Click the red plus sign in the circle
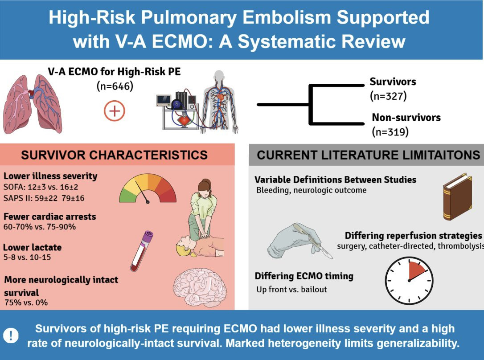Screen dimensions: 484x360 (x=115, y=111)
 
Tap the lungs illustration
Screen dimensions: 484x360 (x=33, y=104)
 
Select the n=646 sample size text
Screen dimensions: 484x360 (x=115, y=86)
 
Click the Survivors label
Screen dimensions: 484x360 (x=393, y=82)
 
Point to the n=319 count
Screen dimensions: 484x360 (x=390, y=132)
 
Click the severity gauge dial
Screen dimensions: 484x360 (x=148, y=188)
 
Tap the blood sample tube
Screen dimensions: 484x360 (x=142, y=251)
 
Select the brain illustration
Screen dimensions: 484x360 (x=200, y=287)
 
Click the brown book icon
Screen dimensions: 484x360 (x=457, y=196)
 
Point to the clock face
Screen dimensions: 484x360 (x=409, y=280)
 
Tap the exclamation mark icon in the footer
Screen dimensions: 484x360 (x=11, y=335)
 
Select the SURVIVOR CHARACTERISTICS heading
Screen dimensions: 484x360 (x=114, y=155)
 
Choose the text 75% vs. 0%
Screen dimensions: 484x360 (x=26, y=303)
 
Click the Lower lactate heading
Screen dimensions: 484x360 (x=33, y=247)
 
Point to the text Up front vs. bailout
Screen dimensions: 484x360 (x=291, y=289)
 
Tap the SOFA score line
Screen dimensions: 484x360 (x=37, y=187)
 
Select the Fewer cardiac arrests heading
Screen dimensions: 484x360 (x=50, y=217)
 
